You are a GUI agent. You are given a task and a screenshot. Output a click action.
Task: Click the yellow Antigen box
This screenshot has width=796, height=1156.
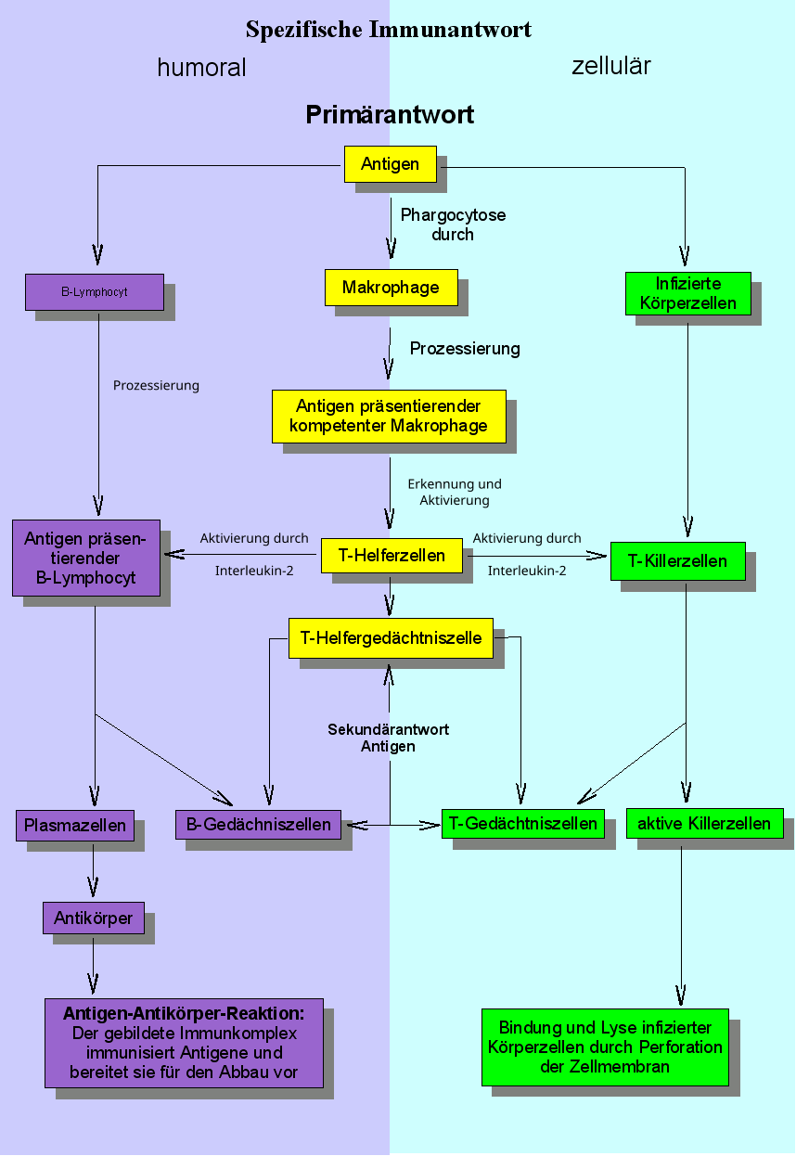click(x=390, y=164)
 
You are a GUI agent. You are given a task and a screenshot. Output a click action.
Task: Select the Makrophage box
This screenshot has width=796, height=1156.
click(x=391, y=288)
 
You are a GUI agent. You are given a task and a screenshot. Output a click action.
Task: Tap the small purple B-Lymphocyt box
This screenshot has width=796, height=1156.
click(x=95, y=292)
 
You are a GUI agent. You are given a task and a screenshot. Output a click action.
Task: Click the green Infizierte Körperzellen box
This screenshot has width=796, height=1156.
click(x=688, y=293)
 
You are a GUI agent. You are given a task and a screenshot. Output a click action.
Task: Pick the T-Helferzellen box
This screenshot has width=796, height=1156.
click(x=392, y=557)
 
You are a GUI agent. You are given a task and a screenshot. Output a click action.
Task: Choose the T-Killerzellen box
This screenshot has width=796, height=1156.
click(x=678, y=561)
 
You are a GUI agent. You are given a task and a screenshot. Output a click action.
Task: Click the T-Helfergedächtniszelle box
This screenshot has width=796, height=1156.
click(x=391, y=638)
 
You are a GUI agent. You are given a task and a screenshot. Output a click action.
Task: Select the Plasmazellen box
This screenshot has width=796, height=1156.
click(x=75, y=825)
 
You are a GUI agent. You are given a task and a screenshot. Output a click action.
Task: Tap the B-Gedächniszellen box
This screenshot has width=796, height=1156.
click(x=259, y=824)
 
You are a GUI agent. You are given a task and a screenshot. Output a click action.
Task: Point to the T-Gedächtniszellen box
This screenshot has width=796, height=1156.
click(x=523, y=823)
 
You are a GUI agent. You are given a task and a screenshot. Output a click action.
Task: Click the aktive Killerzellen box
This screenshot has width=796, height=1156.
click(x=704, y=823)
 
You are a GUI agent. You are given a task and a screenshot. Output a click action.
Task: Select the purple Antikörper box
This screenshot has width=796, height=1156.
click(x=93, y=918)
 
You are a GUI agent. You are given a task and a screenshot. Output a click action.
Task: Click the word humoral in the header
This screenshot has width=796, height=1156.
click(x=201, y=68)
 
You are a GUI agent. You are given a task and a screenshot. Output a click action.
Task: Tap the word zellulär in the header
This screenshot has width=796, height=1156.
click(x=610, y=66)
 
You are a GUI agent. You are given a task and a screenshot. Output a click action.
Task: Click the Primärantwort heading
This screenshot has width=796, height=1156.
click(x=390, y=115)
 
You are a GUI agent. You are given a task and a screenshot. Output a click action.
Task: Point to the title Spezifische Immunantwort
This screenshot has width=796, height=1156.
click(x=389, y=30)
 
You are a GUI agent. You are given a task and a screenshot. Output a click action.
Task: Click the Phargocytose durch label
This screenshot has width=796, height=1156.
click(x=453, y=225)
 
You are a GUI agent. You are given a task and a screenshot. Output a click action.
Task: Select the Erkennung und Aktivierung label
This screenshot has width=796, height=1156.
click(x=455, y=492)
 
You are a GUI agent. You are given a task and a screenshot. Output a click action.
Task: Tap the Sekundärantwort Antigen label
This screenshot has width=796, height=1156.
click(x=389, y=738)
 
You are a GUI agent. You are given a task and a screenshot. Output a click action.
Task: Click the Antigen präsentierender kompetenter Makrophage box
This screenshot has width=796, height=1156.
click(x=389, y=416)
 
